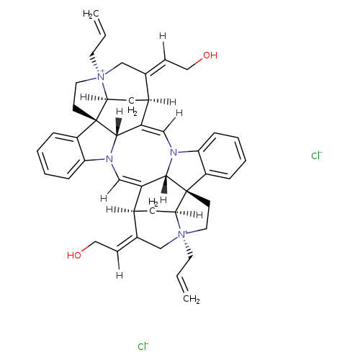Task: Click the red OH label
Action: (x=210, y=55)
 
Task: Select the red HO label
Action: (x=74, y=255)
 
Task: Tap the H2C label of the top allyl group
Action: (x=91, y=14)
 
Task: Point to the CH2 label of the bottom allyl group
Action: (x=192, y=299)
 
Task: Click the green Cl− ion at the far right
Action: (x=317, y=156)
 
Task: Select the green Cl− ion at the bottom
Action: (x=143, y=346)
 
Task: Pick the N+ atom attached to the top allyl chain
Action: (x=102, y=76)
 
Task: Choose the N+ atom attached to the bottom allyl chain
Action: (x=182, y=234)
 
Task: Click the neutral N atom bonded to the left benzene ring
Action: (x=109, y=158)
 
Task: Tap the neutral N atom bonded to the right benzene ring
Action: (x=174, y=152)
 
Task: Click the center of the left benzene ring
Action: (x=61, y=156)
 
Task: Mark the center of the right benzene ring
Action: (x=222, y=156)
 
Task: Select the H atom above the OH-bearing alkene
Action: (x=163, y=36)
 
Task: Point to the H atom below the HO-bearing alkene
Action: (x=120, y=275)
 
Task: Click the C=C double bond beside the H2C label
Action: (x=100, y=27)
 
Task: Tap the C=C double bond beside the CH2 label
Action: (x=182, y=284)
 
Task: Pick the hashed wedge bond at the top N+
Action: (x=94, y=63)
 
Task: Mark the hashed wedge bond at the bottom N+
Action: (x=188, y=247)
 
